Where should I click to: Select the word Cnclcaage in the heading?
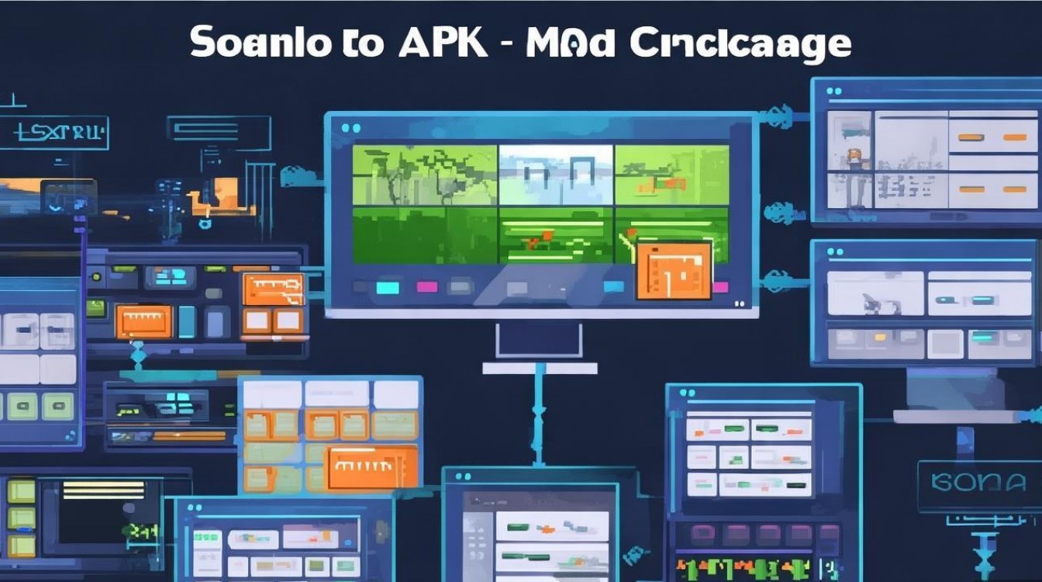[x=740, y=45]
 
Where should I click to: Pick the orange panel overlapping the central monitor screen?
[x=674, y=270]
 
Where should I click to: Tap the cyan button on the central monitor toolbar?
[x=387, y=287]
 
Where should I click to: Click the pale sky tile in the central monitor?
[x=555, y=175]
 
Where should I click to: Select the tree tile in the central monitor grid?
[x=425, y=175]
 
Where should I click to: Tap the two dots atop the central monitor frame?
[x=350, y=128]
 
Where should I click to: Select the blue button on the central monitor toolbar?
[x=614, y=287]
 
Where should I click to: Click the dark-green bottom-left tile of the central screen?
[x=425, y=234]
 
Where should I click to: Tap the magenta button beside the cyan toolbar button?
[x=426, y=287]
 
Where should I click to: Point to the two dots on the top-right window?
[x=833, y=91]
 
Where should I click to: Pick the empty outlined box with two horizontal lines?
[x=219, y=133]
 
